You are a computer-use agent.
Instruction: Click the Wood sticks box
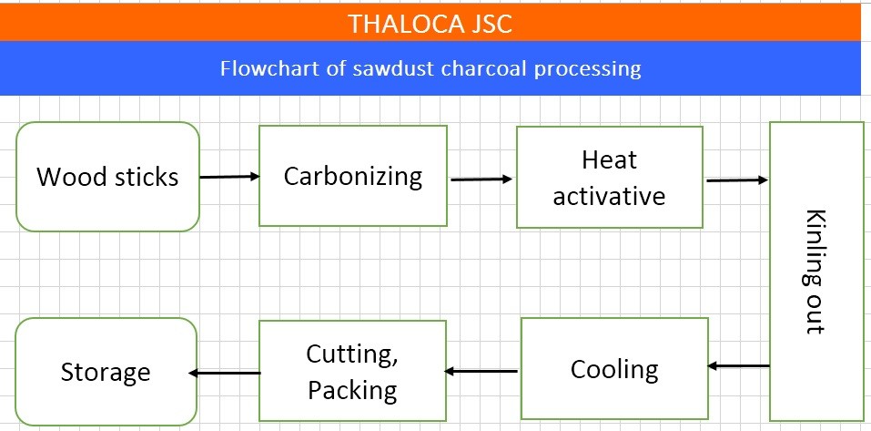107,176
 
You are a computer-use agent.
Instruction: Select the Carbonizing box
353,176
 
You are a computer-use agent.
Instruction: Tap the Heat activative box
610,177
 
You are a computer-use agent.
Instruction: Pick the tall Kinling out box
816,272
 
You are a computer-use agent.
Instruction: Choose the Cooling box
614,369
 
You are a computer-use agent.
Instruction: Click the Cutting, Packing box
352,371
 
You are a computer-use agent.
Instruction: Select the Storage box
106,372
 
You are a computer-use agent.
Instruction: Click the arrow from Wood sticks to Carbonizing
229,177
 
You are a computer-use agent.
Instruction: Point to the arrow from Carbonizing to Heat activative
481,180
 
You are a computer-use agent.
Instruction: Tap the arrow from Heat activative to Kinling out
737,180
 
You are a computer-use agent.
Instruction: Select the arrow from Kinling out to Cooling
738,366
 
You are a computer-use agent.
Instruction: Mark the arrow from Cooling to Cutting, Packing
481,371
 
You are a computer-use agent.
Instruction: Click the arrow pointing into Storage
225,373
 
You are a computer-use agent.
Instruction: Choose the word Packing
353,390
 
